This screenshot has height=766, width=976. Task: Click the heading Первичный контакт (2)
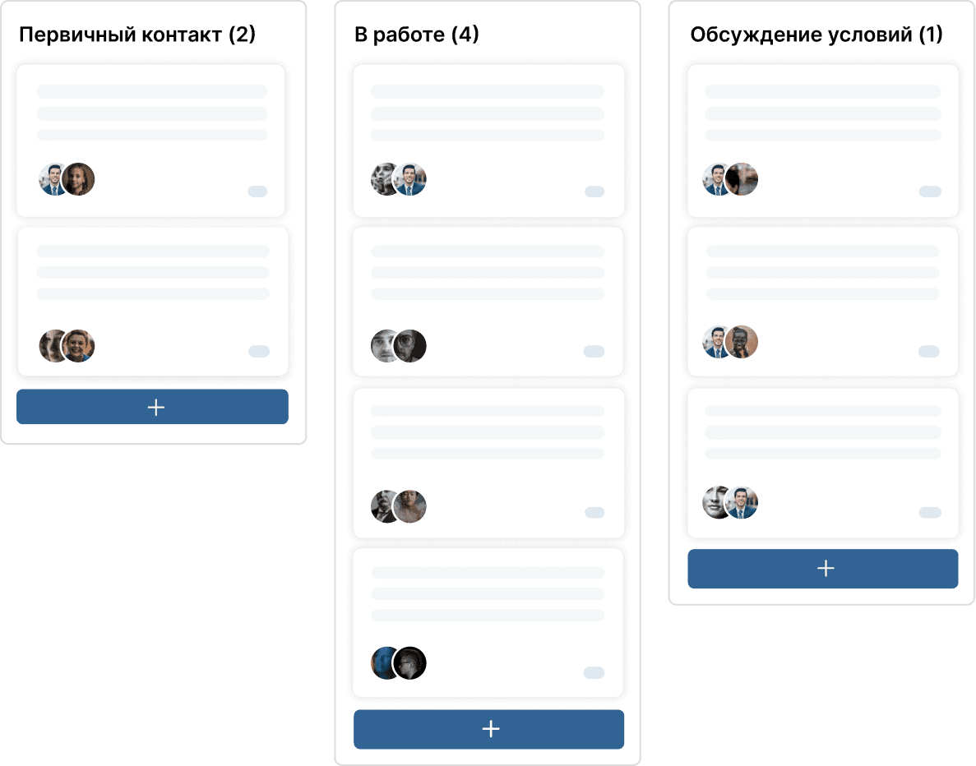(137, 35)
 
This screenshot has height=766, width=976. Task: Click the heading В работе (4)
(416, 35)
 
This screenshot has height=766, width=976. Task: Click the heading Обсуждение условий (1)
(816, 35)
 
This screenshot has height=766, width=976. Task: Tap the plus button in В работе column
(488, 729)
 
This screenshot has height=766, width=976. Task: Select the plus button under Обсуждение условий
(823, 568)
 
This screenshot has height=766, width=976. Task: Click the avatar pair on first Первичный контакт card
(67, 179)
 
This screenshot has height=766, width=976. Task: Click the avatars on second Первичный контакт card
(67, 346)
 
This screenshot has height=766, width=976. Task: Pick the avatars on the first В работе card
(398, 179)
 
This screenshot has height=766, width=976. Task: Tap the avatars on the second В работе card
(398, 346)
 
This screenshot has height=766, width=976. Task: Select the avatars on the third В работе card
(398, 506)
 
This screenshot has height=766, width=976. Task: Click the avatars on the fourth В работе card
(398, 662)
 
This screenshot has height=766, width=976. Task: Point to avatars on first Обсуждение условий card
(730, 179)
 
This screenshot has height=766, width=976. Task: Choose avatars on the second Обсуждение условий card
(730, 342)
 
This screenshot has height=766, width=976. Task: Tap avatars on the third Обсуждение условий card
(730, 502)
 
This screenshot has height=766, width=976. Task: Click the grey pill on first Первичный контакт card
(257, 191)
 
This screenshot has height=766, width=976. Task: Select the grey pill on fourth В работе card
(594, 672)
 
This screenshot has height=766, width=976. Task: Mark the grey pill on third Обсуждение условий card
(930, 513)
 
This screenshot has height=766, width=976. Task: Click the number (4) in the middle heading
(465, 35)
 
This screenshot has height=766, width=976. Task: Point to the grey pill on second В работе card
(594, 352)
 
